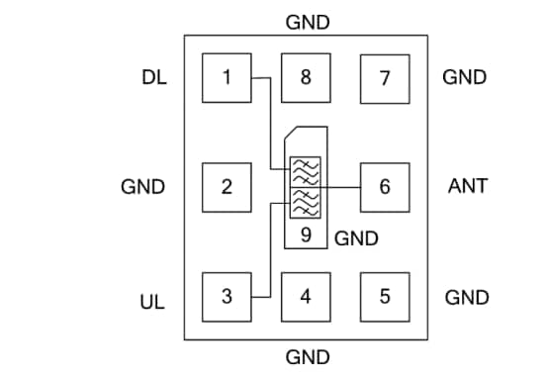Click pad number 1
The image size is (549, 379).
[x=227, y=77]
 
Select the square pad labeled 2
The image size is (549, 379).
[x=227, y=186]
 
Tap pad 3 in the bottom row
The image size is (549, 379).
[x=227, y=295]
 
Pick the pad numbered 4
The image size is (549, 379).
[x=306, y=295]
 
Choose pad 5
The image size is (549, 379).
[x=385, y=295]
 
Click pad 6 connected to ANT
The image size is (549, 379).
[x=385, y=186]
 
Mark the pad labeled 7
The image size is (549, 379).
[x=385, y=77]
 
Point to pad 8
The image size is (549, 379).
[x=306, y=77]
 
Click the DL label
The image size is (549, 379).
[x=153, y=77]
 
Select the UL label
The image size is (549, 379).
[x=152, y=297]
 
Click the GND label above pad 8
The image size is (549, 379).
[x=307, y=22]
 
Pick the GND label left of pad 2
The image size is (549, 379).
[x=142, y=186]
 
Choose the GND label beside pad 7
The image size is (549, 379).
[x=465, y=77]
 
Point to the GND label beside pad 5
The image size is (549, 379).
[x=465, y=297]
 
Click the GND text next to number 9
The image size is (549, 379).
[x=356, y=238]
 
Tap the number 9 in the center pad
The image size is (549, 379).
[x=307, y=236]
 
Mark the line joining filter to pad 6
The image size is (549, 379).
[x=341, y=186]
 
